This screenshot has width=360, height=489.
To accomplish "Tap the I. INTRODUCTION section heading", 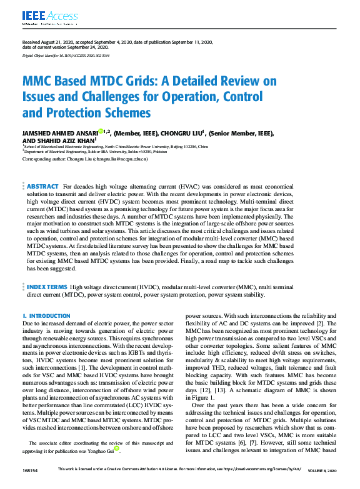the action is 46,317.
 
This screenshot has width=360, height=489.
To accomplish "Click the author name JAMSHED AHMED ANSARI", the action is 60,133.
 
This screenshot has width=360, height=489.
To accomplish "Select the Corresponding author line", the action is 85,160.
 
